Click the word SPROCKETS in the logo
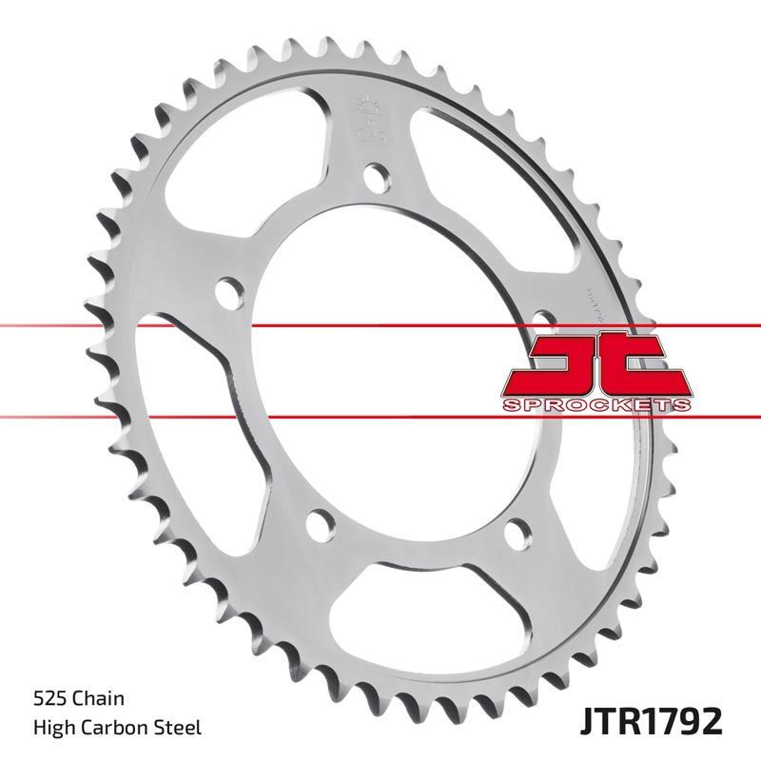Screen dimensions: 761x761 [595, 405]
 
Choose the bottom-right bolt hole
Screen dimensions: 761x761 [518, 529]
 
